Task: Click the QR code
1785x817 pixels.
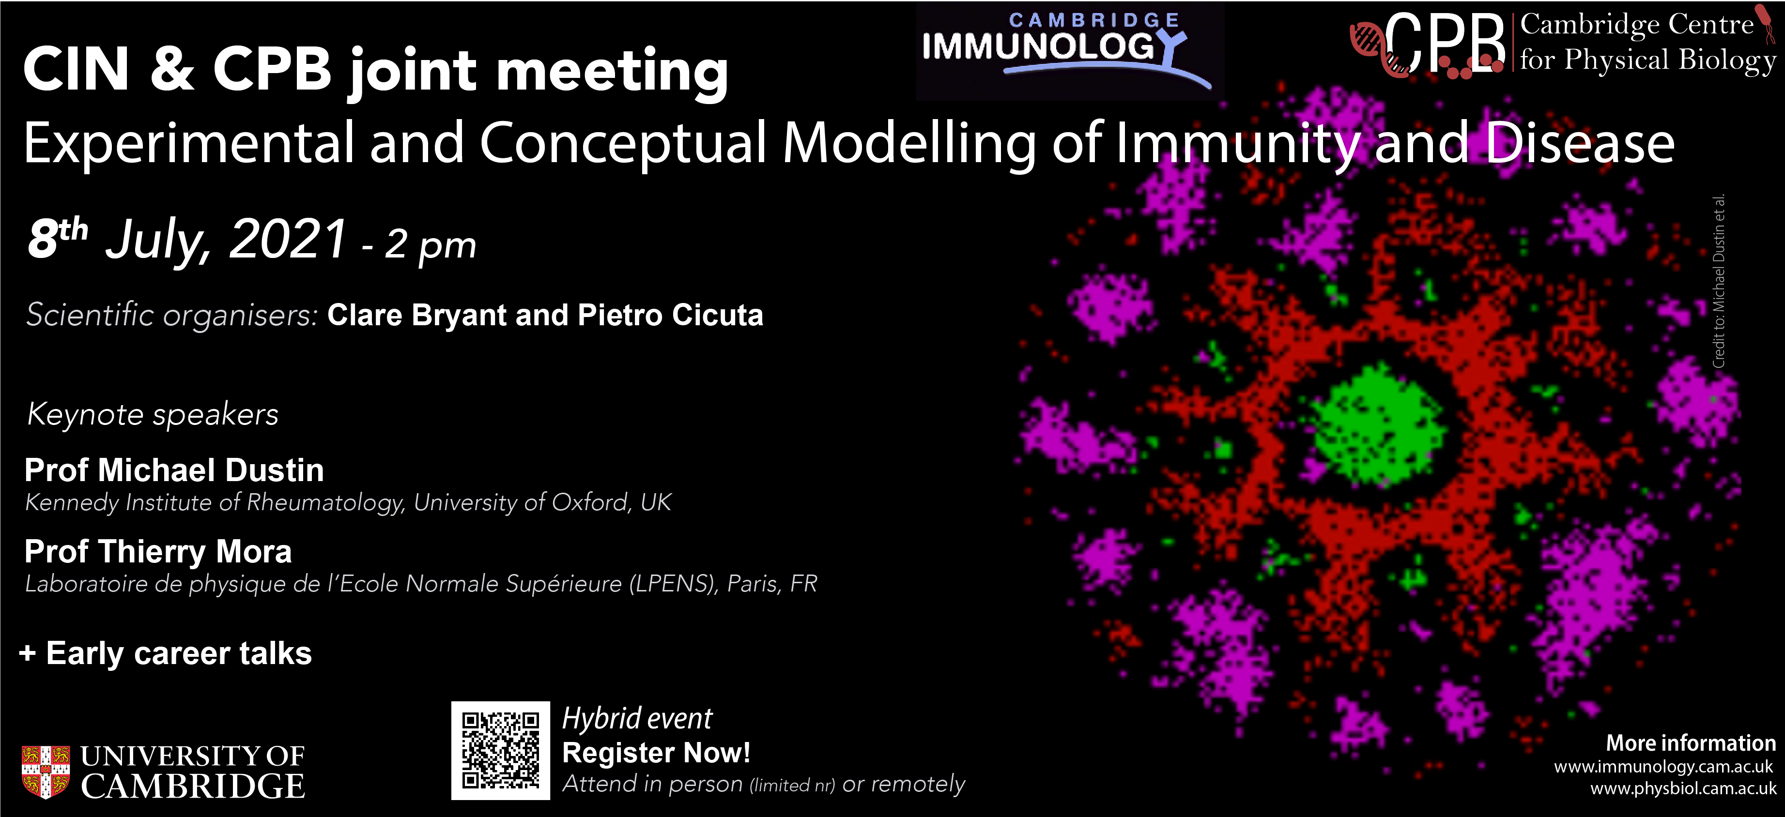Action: tap(500, 751)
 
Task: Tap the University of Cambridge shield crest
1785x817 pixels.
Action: tap(46, 772)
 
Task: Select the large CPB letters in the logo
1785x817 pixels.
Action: tap(1444, 43)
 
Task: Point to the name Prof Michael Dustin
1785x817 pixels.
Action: tap(174, 470)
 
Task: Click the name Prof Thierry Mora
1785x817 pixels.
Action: tap(158, 552)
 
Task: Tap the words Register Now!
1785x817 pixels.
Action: tap(656, 753)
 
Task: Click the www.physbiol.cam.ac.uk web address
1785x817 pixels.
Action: tap(1683, 788)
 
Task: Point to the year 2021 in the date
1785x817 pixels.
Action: tap(288, 239)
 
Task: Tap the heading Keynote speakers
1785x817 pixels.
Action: tap(153, 414)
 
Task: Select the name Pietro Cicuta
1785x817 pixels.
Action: tap(671, 315)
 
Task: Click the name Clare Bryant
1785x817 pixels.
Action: tap(416, 316)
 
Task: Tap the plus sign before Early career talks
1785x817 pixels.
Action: tap(28, 653)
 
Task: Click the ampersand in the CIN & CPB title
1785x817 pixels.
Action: tap(171, 69)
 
